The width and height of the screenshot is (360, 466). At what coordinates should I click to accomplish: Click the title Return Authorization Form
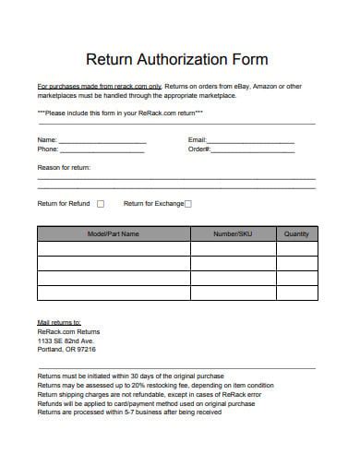click(x=176, y=60)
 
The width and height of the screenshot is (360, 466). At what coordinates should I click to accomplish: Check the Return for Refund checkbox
click(x=101, y=204)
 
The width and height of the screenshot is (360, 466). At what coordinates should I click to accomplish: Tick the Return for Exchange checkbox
click(x=188, y=204)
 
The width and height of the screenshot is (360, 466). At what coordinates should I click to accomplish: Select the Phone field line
click(x=102, y=149)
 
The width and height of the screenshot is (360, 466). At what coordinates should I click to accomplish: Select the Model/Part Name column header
click(x=113, y=234)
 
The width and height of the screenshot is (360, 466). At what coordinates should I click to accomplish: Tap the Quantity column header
click(x=296, y=234)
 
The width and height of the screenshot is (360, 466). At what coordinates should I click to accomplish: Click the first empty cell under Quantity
click(x=296, y=249)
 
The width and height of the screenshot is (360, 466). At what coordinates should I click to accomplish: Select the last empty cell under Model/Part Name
click(x=113, y=293)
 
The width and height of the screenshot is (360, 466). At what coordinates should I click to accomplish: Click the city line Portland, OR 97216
click(x=66, y=350)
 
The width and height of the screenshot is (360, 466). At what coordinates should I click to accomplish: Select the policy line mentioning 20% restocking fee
click(x=155, y=386)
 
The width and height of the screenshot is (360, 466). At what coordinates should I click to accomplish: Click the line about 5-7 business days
click(x=129, y=412)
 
